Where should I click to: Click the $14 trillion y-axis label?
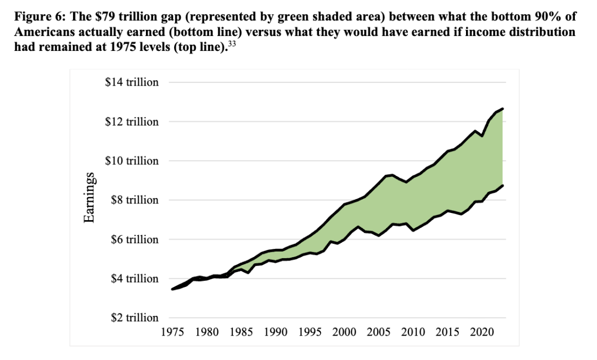click(x=132, y=82)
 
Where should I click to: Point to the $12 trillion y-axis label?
click(x=132, y=122)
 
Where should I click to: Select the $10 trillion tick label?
click(x=132, y=161)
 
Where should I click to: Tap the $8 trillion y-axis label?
click(x=134, y=200)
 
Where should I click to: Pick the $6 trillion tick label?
click(x=134, y=239)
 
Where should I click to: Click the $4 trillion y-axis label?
click(x=134, y=279)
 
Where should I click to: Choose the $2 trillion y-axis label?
click(x=134, y=318)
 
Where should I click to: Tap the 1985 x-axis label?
click(x=242, y=332)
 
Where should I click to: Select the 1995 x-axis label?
click(x=310, y=332)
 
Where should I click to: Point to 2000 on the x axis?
click(x=344, y=332)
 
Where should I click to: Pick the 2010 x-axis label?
click(x=413, y=332)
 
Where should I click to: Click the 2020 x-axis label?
click(x=481, y=332)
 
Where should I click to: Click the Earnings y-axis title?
click(x=88, y=200)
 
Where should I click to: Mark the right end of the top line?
click(x=502, y=108)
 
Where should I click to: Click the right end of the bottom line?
click(x=502, y=185)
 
